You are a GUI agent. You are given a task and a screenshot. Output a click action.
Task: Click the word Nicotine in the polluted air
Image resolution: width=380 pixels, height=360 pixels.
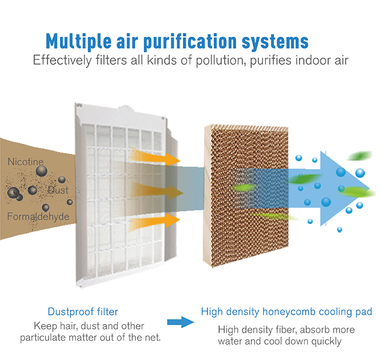point(25,162)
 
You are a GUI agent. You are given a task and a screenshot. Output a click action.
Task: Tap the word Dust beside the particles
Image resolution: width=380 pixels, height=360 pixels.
point(58,190)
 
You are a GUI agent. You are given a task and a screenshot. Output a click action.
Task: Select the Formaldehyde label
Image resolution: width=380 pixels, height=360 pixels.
point(39,217)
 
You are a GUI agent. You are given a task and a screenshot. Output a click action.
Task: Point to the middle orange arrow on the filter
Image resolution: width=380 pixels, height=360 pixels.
point(157,191)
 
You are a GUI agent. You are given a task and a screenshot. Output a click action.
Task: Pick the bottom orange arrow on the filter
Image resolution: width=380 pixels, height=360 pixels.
point(155,223)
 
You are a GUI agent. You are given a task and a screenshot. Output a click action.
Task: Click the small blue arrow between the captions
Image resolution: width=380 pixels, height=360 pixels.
point(180,322)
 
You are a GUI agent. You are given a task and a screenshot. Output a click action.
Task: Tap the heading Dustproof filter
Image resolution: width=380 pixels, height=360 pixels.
point(83,311)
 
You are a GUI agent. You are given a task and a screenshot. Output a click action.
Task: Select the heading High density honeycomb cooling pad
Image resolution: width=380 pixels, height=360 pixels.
point(286,312)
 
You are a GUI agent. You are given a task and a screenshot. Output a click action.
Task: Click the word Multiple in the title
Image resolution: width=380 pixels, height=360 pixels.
point(79,41)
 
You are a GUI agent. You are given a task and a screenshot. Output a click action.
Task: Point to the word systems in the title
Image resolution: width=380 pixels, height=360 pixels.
point(275,42)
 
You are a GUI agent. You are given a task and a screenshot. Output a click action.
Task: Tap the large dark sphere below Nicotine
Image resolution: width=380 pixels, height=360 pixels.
point(42,171)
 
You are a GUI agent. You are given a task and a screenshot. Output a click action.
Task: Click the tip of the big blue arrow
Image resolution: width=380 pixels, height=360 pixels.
point(369,188)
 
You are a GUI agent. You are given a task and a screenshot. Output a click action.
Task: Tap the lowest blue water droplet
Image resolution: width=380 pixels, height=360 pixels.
point(339,229)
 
